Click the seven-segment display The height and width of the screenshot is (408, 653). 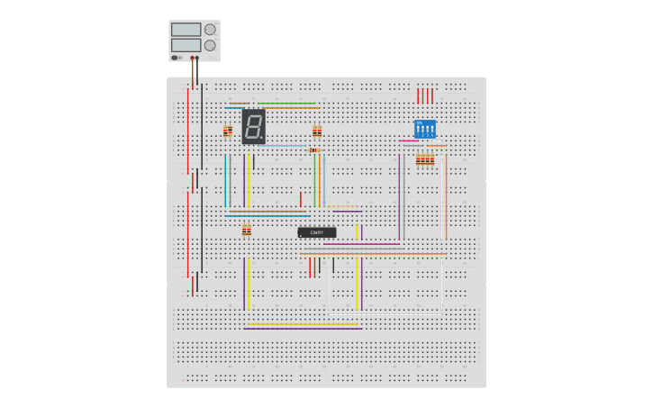(253, 126)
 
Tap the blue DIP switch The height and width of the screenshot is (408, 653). (425, 128)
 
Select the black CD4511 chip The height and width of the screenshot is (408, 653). (317, 232)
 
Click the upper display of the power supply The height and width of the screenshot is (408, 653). (186, 30)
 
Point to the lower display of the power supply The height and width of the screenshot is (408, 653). (186, 45)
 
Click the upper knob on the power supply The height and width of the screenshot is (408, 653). (210, 29)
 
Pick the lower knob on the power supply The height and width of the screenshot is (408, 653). (210, 45)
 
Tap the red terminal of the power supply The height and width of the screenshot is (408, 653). (192, 58)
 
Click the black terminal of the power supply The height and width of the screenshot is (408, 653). (197, 58)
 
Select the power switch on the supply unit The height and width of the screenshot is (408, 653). (176, 58)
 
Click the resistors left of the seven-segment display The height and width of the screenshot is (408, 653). (228, 131)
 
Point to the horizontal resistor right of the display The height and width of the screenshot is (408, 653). (314, 150)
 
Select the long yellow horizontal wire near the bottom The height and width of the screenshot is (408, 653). (303, 324)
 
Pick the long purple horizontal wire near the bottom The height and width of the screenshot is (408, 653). (303, 329)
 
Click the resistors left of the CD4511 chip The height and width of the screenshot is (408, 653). (246, 231)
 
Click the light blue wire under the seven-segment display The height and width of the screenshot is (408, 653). (279, 146)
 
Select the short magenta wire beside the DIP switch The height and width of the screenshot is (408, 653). (409, 141)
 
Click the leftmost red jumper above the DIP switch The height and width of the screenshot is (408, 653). (418, 96)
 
